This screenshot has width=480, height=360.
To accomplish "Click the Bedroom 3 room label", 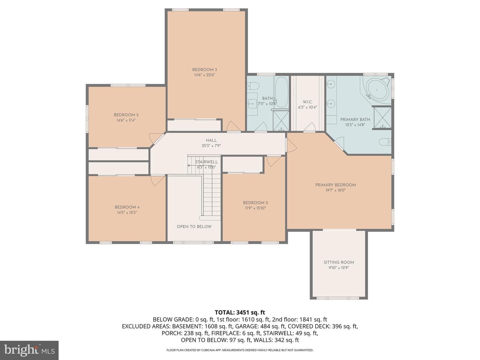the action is [x=204, y=70].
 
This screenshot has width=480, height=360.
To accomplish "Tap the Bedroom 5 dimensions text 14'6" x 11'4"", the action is [x=126, y=120].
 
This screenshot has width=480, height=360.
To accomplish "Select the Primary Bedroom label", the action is [x=335, y=185].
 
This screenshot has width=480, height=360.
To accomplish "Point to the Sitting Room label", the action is [x=339, y=262].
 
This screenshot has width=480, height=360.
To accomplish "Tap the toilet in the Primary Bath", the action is [x=385, y=142].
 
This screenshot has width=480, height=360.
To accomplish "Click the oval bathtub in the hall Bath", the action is [x=281, y=92].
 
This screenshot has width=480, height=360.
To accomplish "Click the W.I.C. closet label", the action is [x=307, y=102].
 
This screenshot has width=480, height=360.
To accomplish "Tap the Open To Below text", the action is [x=194, y=227].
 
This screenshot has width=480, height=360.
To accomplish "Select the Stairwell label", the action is [x=206, y=162].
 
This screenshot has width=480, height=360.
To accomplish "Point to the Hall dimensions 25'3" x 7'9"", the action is [x=211, y=146].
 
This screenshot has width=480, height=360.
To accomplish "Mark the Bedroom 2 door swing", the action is [x=273, y=161].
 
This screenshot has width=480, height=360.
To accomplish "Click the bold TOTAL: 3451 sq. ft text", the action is [x=240, y=312].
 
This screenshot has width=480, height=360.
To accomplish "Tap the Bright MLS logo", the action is [x=29, y=350].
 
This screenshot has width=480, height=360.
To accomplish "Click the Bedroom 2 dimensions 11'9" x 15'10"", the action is [x=255, y=208].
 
